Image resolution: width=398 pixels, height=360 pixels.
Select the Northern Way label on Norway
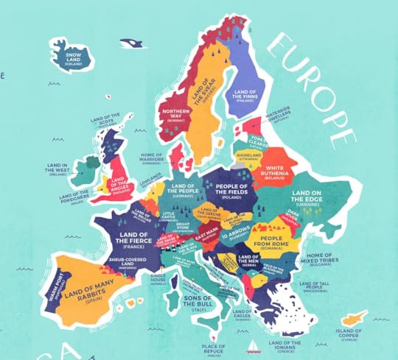175,116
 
